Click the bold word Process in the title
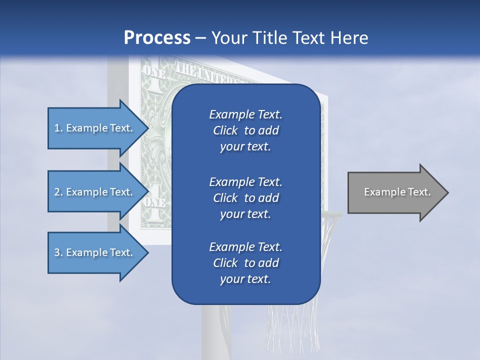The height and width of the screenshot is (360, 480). click(x=157, y=37)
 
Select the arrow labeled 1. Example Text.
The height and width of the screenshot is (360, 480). click(x=95, y=128)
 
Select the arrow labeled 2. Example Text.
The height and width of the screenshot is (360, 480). click(x=95, y=192)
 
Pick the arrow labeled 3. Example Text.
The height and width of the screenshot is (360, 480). click(x=95, y=252)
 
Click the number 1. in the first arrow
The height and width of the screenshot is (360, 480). click(x=58, y=128)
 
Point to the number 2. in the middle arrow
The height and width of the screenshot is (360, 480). click(x=58, y=192)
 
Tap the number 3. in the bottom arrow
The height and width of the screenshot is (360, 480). click(x=58, y=252)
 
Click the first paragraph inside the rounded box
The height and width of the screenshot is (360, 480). click(x=245, y=130)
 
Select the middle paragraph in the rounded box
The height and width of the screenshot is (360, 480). click(x=245, y=197)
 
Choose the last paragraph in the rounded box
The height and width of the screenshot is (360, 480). click(x=245, y=263)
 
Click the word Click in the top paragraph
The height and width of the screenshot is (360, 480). click(x=225, y=130)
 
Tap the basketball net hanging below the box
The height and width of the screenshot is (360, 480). click(x=292, y=325)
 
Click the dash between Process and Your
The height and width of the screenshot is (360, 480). click(x=200, y=38)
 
